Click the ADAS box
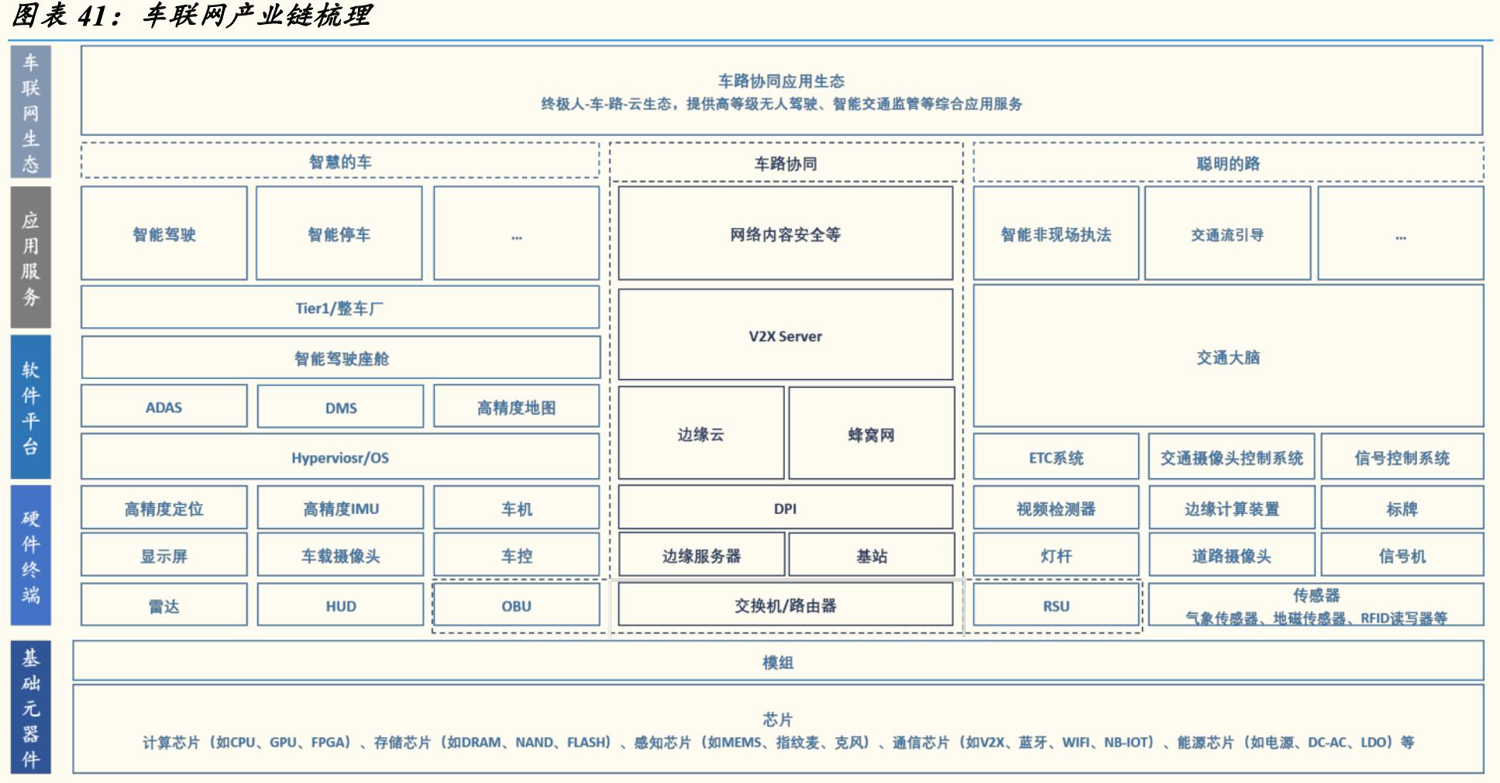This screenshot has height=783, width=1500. pyautogui.click(x=163, y=407)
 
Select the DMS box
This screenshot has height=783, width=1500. pyautogui.click(x=340, y=407)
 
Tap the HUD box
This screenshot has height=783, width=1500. pyautogui.click(x=340, y=605)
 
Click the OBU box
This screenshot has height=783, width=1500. pyautogui.click(x=516, y=605)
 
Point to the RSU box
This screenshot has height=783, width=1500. pyautogui.click(x=1055, y=605)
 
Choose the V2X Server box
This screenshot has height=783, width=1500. pyautogui.click(x=785, y=336)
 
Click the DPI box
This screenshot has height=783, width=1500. pyautogui.click(x=785, y=509)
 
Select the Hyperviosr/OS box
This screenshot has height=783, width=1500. pyautogui.click(x=339, y=457)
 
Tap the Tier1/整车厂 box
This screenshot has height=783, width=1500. pyautogui.click(x=339, y=308)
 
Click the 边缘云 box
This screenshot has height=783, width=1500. pyautogui.click(x=700, y=434)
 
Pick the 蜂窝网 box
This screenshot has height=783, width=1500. pyautogui.click(x=871, y=434)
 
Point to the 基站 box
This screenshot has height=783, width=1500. pyautogui.click(x=871, y=555)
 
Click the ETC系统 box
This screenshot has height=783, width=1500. pyautogui.click(x=1055, y=457)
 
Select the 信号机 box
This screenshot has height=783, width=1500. pyautogui.click(x=1402, y=555)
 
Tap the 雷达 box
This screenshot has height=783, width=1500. pyautogui.click(x=163, y=605)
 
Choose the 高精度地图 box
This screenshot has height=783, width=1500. pyautogui.click(x=516, y=407)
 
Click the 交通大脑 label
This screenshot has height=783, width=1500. pyautogui.click(x=1228, y=357)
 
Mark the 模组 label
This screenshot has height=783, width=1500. pyautogui.click(x=778, y=662)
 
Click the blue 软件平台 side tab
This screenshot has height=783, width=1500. pyautogui.click(x=30, y=407)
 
